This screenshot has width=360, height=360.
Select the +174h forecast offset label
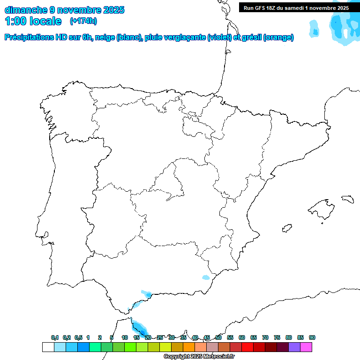point(83,21)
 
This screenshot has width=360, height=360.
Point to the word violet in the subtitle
point(220,37)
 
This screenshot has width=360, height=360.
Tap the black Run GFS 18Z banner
point(296,8)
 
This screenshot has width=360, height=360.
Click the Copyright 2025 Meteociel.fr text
point(199,357)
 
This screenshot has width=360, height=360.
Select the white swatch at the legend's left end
point(48,347)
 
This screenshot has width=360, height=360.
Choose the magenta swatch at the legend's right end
point(306,347)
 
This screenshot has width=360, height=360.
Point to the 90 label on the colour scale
point(312,337)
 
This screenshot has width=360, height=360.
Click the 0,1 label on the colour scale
point(54,337)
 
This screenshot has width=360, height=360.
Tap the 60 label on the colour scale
point(242,337)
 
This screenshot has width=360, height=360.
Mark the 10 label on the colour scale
point(125,337)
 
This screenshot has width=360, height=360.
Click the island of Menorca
point(347,199)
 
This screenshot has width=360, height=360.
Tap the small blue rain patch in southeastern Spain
point(206,277)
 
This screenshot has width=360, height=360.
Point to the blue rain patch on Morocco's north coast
point(138,326)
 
